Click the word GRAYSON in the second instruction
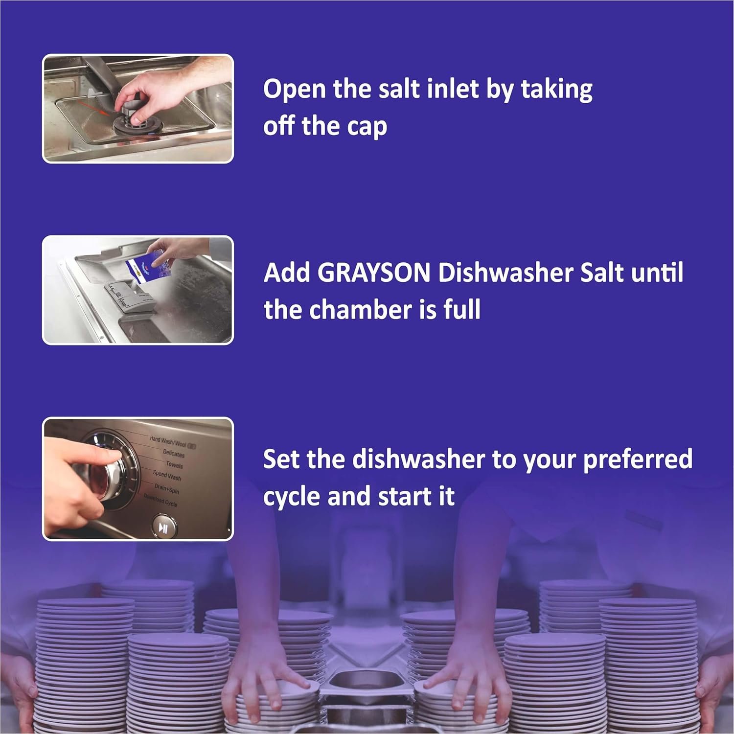point(374,273)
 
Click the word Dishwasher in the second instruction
point(505,272)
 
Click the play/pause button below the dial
point(163,528)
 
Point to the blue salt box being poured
point(147,264)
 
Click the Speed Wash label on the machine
point(167,475)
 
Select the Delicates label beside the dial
point(174,454)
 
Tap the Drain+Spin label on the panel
point(167,489)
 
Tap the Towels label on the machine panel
point(174,464)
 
